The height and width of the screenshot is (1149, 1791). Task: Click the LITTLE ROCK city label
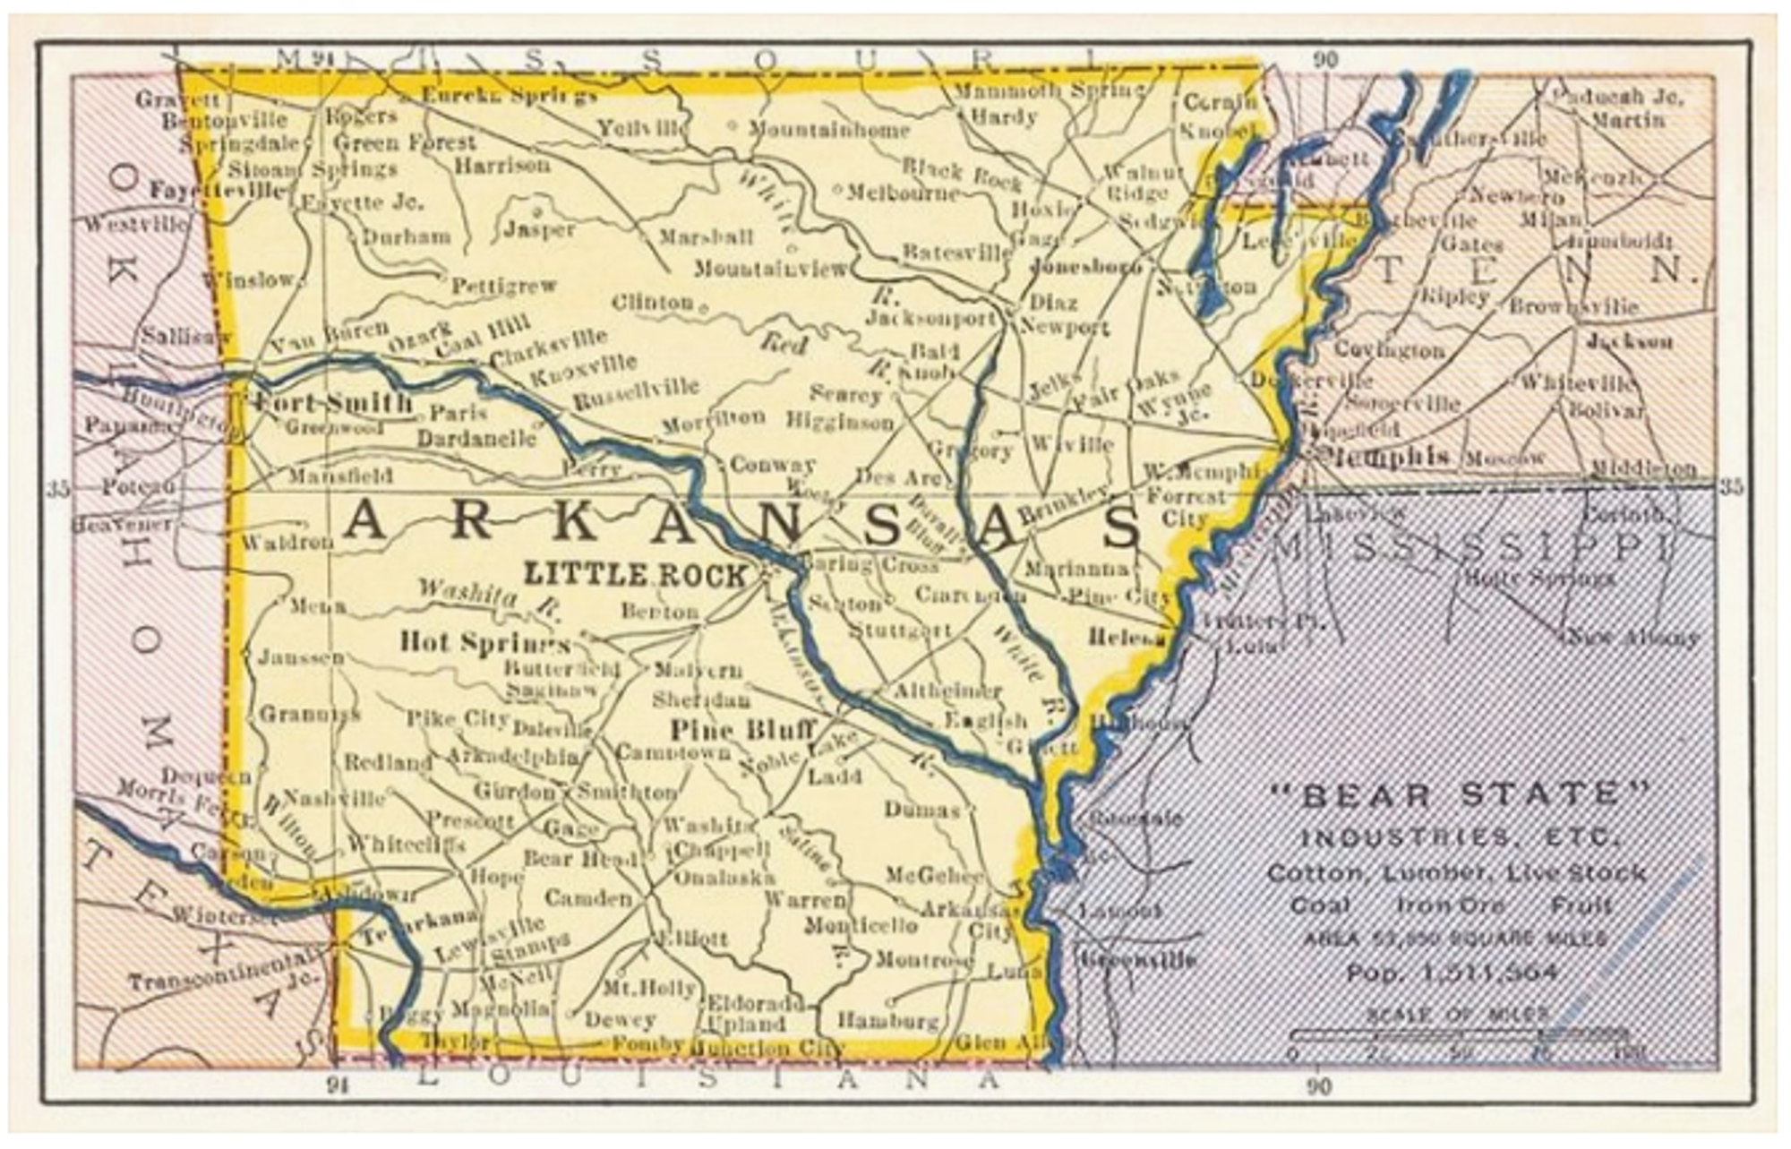(634, 574)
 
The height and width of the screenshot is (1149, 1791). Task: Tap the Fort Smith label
(333, 402)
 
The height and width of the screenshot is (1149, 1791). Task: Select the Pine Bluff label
(742, 729)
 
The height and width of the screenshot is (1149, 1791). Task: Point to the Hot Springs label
(484, 642)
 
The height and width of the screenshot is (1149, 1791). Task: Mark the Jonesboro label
(1085, 266)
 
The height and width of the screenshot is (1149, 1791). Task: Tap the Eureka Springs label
(509, 95)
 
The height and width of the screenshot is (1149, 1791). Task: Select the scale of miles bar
(1460, 1035)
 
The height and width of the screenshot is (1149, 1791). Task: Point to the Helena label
(1127, 637)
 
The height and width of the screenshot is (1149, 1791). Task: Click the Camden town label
(587, 897)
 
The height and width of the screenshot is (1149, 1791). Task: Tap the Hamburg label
(887, 1020)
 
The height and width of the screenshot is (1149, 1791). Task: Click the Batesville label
(955, 253)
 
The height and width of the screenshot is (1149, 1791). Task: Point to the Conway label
(772, 464)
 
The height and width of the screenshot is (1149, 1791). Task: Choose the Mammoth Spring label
(1048, 90)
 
